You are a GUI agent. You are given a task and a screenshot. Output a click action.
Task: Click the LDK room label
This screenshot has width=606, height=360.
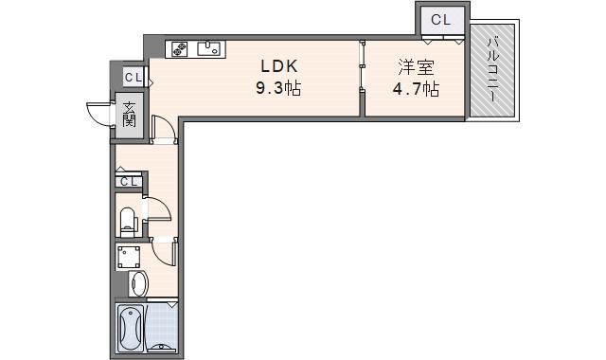[279, 67]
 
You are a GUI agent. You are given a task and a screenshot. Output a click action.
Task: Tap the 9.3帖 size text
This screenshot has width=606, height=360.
[279, 89]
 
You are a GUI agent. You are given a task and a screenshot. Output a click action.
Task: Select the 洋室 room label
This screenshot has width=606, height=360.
[416, 67]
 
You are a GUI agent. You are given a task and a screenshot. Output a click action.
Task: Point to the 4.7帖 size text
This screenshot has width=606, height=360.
[416, 89]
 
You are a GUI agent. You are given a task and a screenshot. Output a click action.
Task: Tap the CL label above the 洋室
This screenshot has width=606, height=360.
[441, 19]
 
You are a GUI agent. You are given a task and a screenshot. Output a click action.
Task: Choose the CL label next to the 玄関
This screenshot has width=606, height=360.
[133, 78]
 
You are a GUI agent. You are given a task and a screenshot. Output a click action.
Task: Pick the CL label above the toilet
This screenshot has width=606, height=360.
[129, 181]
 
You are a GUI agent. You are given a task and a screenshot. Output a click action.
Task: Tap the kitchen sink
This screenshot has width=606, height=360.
[209, 48]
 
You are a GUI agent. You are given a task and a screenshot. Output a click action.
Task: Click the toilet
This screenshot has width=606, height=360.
[128, 221]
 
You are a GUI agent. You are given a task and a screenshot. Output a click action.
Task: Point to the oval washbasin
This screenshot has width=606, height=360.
[137, 283]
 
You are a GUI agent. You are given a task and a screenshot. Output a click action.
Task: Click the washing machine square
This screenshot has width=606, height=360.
[129, 257]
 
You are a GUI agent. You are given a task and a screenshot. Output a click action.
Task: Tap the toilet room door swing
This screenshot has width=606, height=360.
[157, 210]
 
